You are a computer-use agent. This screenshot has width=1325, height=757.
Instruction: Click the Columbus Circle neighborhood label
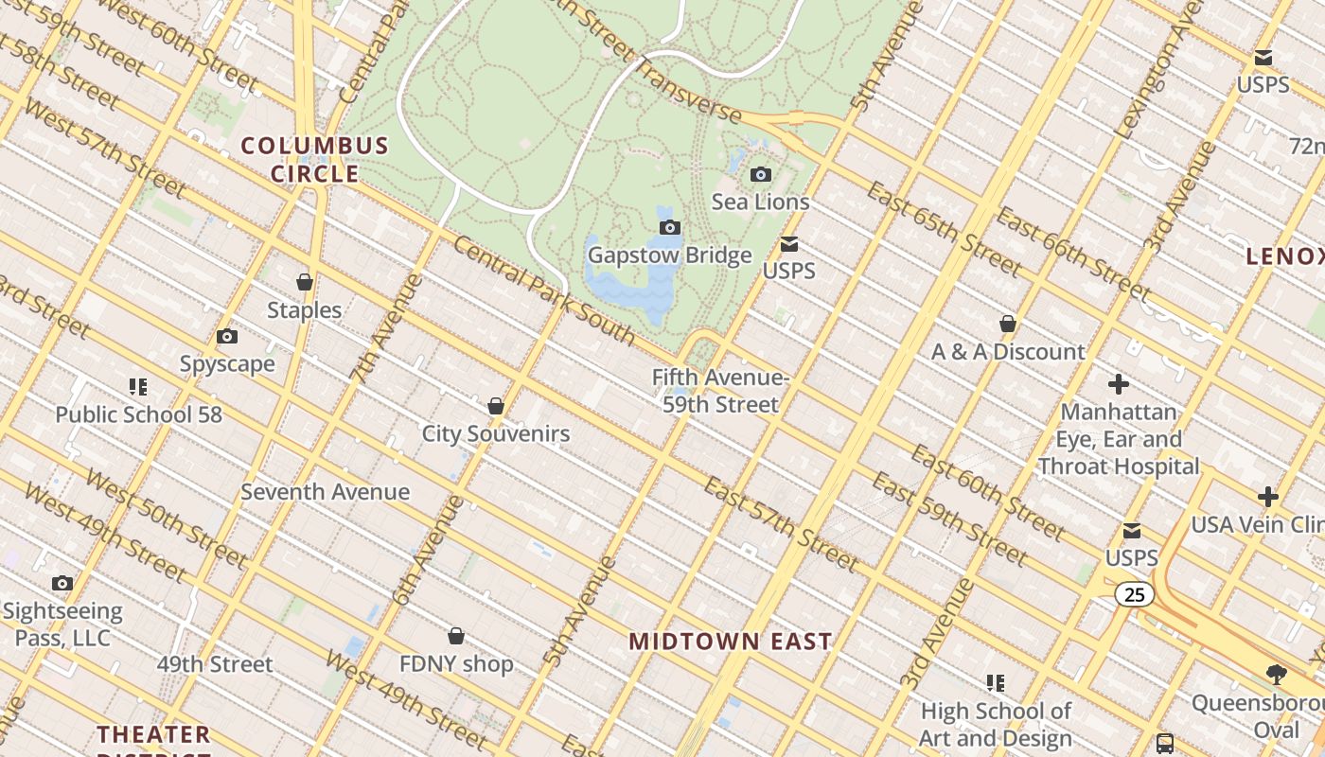click(314, 159)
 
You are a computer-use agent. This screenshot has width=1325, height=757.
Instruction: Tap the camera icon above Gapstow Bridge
click(670, 227)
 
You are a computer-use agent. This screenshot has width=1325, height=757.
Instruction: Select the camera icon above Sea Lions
click(760, 174)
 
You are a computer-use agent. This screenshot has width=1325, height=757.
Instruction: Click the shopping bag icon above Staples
click(305, 282)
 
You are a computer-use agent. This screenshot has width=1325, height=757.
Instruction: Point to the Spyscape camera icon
click(227, 336)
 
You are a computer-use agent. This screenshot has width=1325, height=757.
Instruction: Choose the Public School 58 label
click(138, 414)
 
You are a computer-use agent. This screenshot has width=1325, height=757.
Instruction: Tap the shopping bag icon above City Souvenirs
click(495, 406)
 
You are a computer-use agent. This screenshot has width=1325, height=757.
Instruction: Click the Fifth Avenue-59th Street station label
click(720, 391)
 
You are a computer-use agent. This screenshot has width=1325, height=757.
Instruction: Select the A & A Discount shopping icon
click(1008, 324)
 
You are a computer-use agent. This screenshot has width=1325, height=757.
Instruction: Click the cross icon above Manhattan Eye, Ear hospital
click(1119, 384)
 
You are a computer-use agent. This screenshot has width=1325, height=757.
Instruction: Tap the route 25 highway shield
click(1134, 594)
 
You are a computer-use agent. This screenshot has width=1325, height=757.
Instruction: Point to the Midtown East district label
click(730, 641)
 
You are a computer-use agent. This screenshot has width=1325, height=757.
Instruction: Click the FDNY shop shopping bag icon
click(456, 635)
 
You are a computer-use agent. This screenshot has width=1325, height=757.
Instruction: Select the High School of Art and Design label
click(996, 724)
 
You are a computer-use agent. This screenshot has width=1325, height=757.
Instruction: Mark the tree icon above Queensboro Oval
click(1277, 674)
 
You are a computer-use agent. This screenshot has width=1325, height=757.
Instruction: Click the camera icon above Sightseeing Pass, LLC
click(62, 583)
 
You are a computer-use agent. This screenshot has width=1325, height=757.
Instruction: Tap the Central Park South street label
click(544, 289)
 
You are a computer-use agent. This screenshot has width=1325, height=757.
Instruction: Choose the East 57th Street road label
click(781, 523)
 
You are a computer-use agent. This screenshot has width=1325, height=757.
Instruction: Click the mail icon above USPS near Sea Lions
click(789, 244)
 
